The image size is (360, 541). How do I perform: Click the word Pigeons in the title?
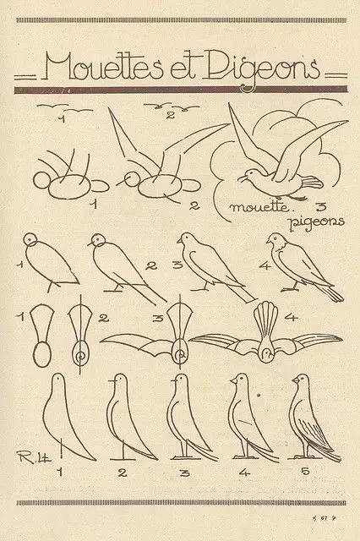click(263, 69)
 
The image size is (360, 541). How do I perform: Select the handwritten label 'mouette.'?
click(259, 207)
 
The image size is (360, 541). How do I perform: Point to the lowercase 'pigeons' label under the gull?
click(317, 222)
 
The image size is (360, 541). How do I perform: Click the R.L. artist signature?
click(33, 456)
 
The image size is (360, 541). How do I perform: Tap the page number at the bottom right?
click(323, 517)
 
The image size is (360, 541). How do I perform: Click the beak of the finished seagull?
click(242, 178)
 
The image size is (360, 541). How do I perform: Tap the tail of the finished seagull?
click(312, 183)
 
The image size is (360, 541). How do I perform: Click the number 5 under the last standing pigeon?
click(306, 471)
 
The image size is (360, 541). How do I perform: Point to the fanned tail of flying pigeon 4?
click(265, 318)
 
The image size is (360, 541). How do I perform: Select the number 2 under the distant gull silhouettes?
click(171, 115)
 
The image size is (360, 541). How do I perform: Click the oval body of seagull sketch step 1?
click(69, 186)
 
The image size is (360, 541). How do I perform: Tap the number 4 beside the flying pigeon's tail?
click(291, 316)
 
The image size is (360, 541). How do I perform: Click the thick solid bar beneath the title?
click(180, 90)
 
